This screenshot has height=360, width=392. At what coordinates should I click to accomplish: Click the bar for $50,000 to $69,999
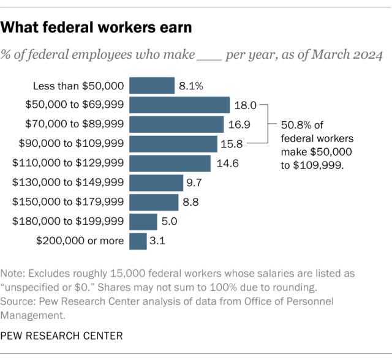(x=179, y=105)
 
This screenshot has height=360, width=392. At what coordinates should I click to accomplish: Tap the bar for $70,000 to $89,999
(x=176, y=124)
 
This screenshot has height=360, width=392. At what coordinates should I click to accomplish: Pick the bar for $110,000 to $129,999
(x=170, y=163)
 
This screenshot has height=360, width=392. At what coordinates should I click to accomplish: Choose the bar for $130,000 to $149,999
(x=156, y=182)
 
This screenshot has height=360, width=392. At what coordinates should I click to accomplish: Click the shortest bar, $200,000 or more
(x=138, y=241)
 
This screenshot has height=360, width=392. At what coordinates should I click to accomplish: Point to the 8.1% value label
(x=190, y=86)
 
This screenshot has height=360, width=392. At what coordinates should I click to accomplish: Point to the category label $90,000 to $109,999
(x=72, y=144)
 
